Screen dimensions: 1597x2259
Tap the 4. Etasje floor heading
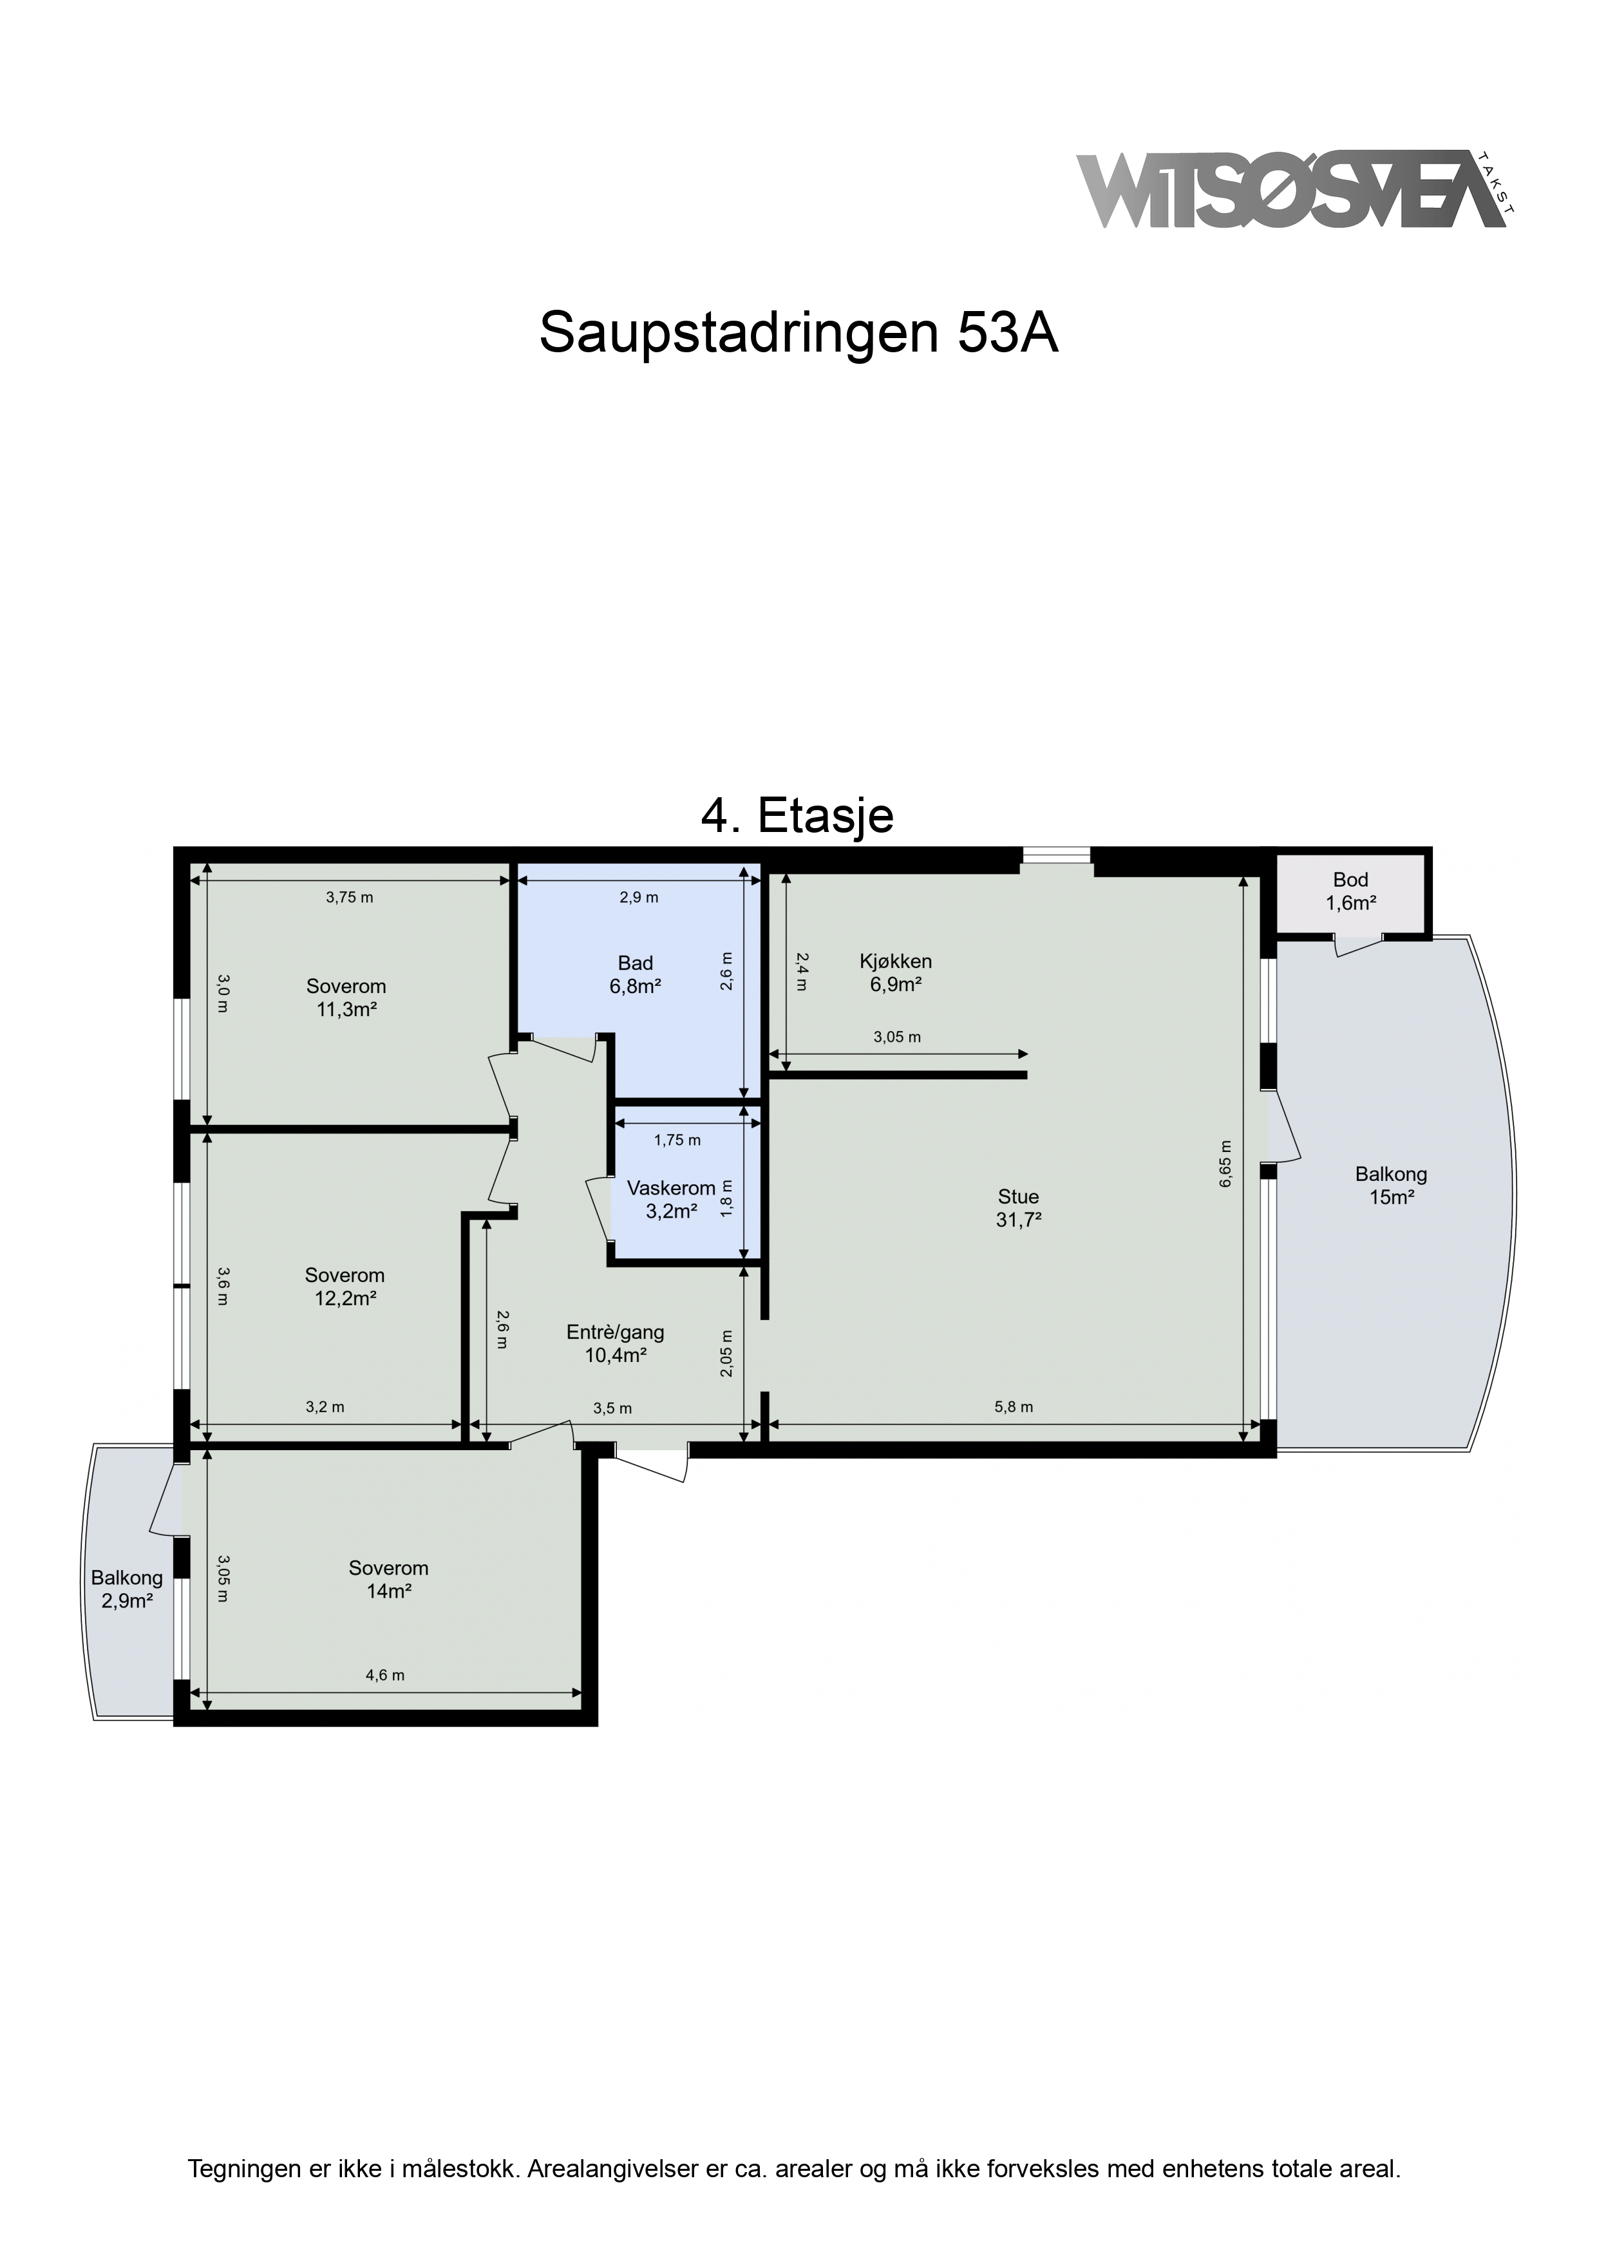[797, 816]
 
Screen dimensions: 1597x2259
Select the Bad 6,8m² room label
[636, 975]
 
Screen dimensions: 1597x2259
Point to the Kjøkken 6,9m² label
[896, 972]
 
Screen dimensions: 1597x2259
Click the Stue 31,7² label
[1019, 1208]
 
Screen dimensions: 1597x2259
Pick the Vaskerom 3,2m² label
[671, 1199]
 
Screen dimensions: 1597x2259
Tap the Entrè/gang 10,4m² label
[615, 1344]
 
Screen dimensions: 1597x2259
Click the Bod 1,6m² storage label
[1351, 891]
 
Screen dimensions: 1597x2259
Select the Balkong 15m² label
[1392, 1185]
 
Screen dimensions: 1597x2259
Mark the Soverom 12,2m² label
[345, 1287]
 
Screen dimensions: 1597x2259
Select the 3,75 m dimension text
[349, 897]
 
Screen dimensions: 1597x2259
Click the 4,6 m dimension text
[384, 1676]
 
